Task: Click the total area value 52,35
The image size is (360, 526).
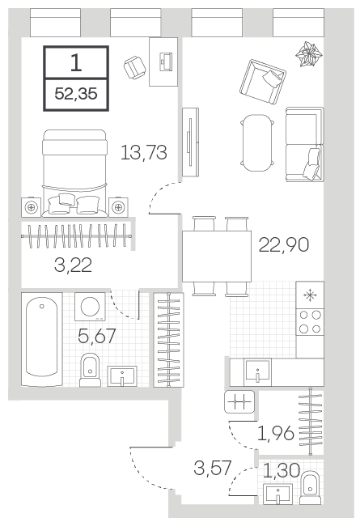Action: coord(76,94)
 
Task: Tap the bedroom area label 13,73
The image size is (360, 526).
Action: coord(144,152)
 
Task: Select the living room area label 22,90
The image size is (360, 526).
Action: coord(284,244)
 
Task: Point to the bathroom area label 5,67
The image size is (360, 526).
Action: coord(97,336)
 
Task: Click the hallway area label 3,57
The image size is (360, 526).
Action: coord(213,468)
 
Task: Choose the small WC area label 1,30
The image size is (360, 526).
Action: coord(282,470)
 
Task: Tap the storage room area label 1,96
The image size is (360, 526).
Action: coord(276,433)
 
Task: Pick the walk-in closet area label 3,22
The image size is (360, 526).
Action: coord(73,265)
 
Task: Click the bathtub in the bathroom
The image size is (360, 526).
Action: coord(41,339)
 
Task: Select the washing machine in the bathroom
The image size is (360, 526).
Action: coord(90,307)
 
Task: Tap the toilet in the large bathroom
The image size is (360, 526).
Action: coord(91,370)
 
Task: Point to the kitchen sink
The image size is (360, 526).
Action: coord(258,371)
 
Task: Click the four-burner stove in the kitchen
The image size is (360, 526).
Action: coord(310,322)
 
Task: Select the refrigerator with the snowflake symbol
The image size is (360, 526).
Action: coord(310,295)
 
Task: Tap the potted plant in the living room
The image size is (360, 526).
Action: coord(309,54)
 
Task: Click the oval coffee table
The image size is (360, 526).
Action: coord(257,143)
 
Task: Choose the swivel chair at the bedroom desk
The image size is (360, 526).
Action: coord(134,68)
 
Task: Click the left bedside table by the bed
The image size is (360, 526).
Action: coord(32,207)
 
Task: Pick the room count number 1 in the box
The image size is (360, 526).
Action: coord(76,63)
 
